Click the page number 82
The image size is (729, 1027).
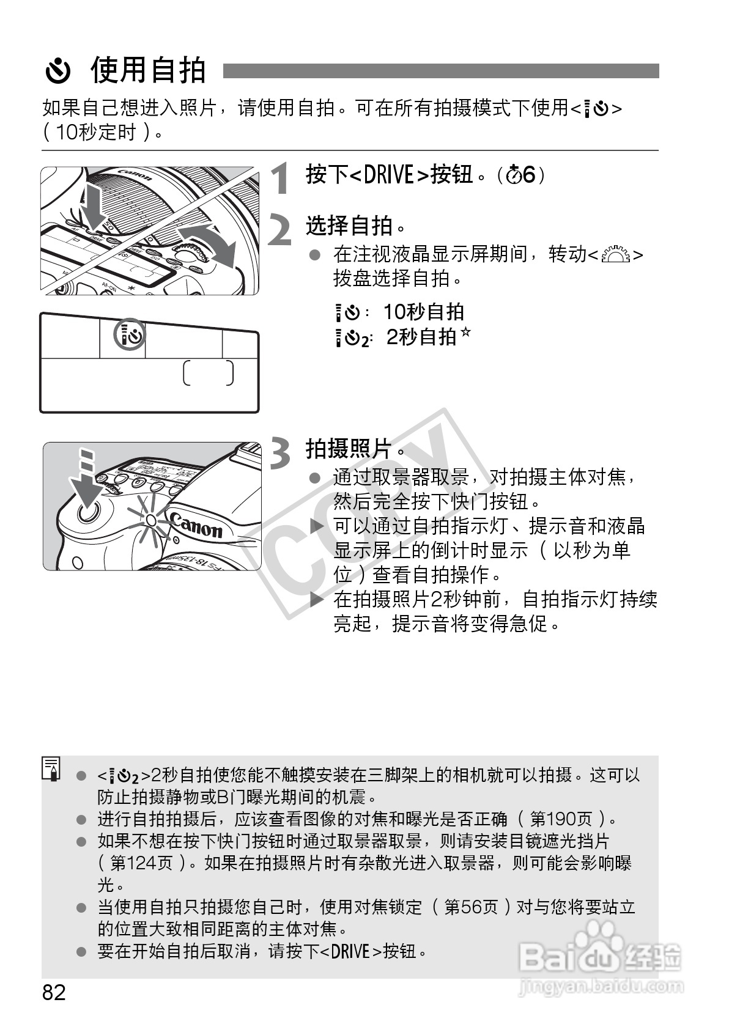pos(54,992)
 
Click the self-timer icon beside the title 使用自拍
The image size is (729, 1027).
pos(59,72)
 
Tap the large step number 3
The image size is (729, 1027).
pos(281,454)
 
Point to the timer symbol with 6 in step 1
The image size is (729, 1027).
pos(522,175)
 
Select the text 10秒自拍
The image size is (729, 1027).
pos(423,312)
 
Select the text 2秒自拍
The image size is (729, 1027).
pos(421,337)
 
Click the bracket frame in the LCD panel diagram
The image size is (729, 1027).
pos(208,373)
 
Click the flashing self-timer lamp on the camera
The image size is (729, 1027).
pos(150,520)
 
